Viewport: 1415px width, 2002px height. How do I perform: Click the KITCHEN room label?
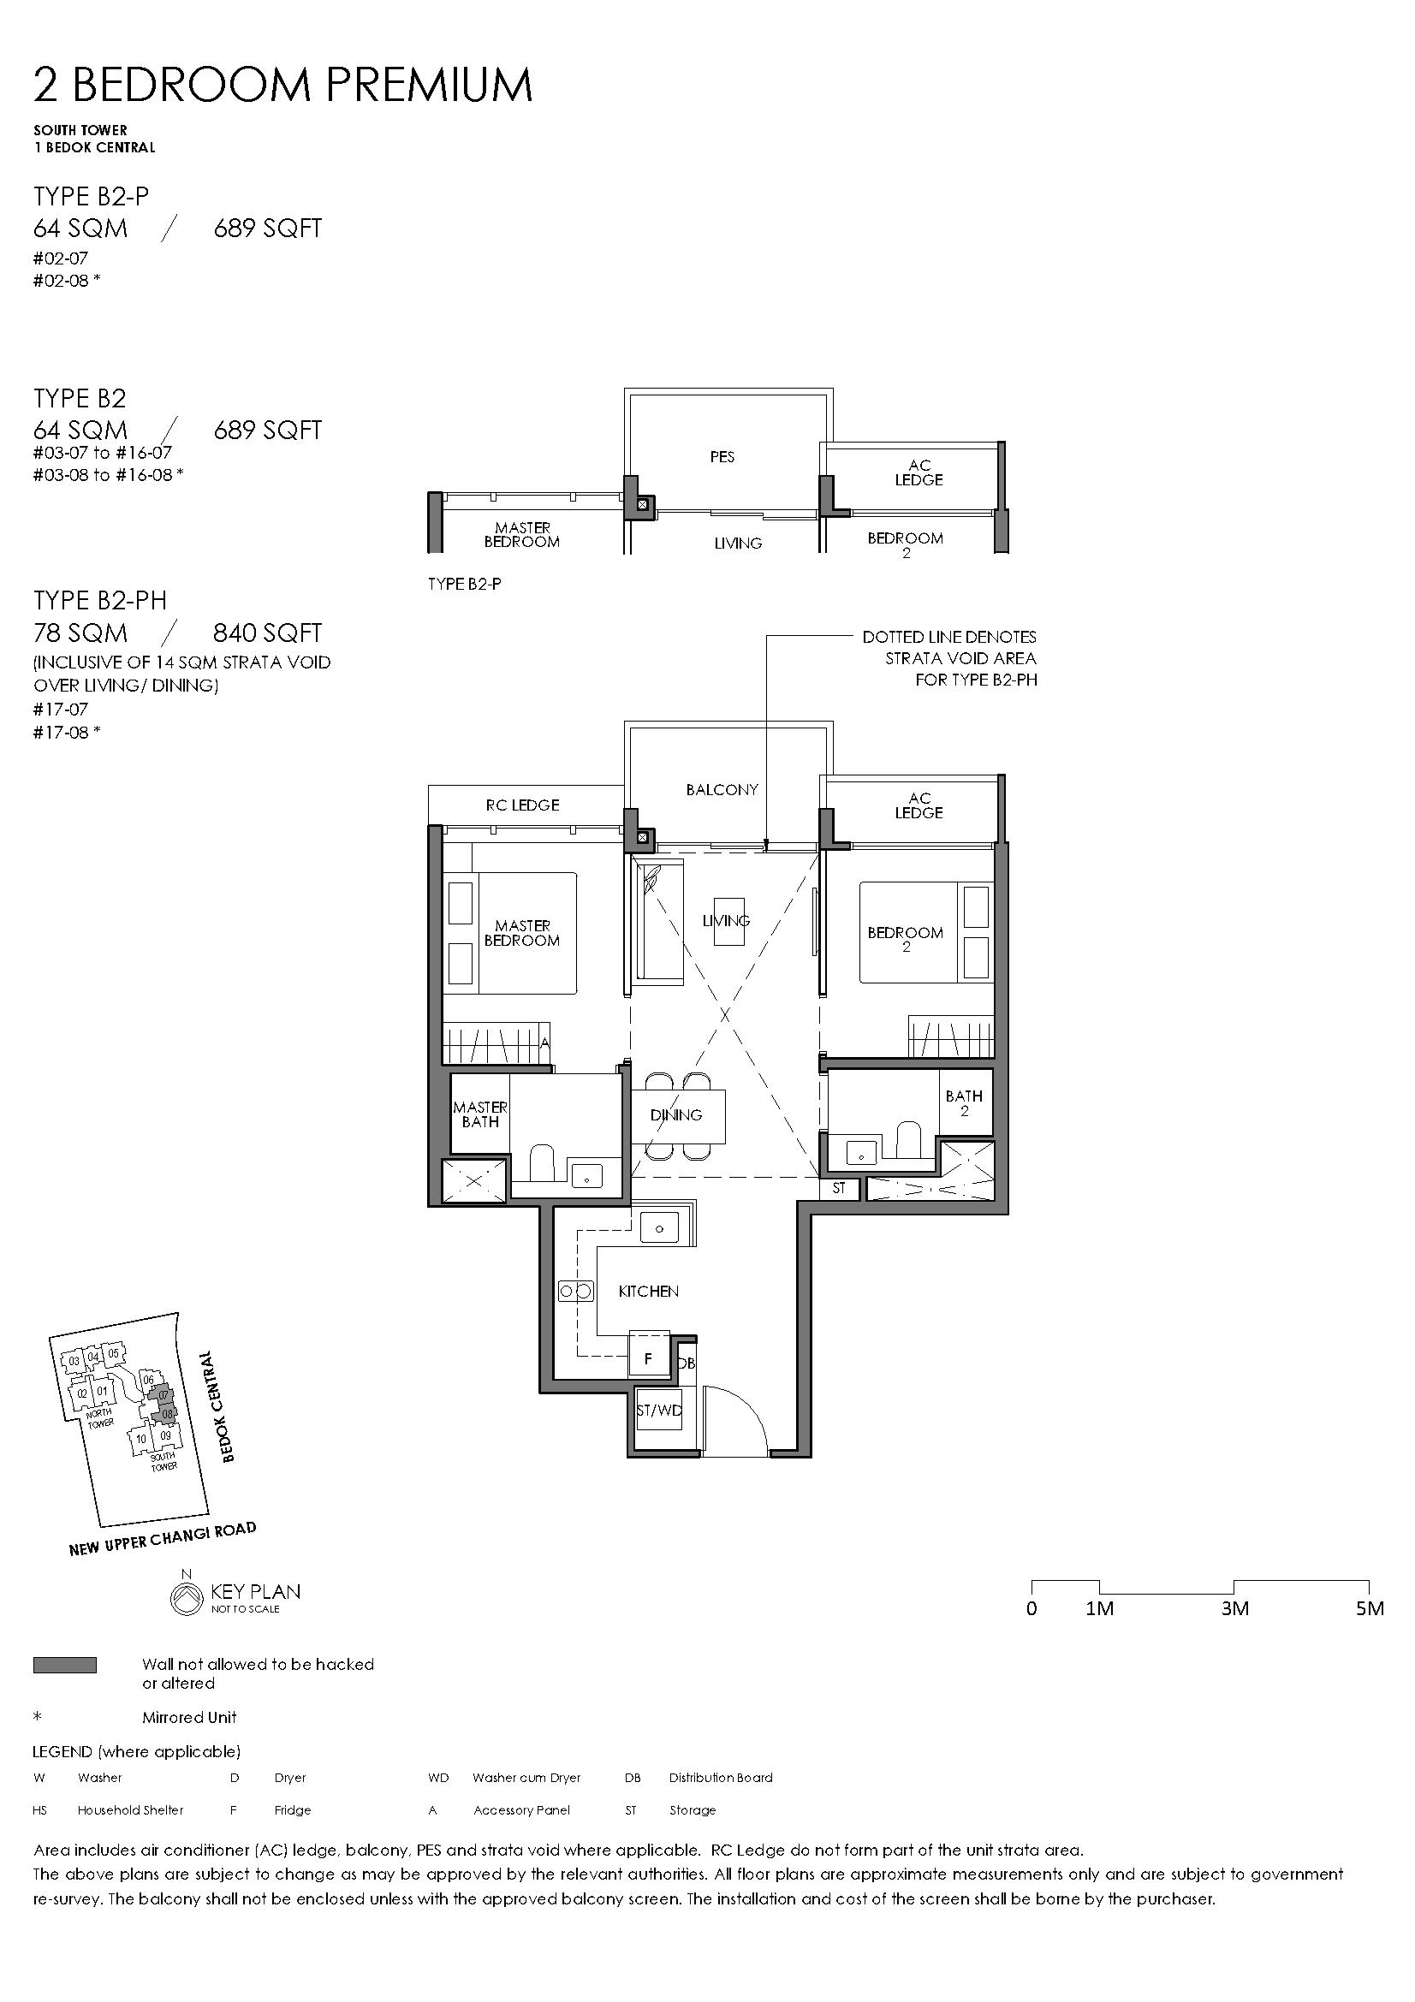tap(648, 1292)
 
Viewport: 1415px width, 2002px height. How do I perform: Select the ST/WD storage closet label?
tap(659, 1410)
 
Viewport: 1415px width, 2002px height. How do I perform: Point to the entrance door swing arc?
tap(751, 1401)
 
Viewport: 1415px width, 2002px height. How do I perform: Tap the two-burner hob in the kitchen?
tap(575, 1291)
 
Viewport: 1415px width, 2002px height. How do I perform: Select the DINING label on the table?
tap(675, 1114)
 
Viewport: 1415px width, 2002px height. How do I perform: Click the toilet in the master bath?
tap(541, 1163)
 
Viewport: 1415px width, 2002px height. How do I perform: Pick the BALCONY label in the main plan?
tap(722, 790)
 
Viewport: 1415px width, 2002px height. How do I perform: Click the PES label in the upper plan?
tap(722, 457)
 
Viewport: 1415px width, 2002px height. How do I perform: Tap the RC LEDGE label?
tap(522, 805)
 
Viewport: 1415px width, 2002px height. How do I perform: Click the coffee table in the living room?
tap(729, 921)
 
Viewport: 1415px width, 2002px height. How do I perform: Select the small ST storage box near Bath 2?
tap(839, 1188)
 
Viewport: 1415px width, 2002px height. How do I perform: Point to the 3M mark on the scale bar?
tap(1234, 1608)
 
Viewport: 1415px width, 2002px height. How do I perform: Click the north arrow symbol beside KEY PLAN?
tap(185, 1595)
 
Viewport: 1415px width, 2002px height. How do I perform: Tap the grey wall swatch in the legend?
tap(65, 1665)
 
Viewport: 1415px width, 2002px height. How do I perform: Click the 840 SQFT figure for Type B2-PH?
tap(268, 633)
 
